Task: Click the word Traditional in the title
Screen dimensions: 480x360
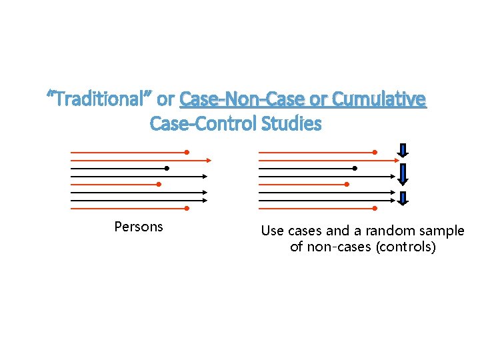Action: [99, 100]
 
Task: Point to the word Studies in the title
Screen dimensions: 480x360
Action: [293, 124]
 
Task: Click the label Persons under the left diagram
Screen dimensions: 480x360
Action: [139, 227]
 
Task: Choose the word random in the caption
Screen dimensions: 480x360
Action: [385, 231]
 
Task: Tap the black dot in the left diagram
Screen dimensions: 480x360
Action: [167, 168]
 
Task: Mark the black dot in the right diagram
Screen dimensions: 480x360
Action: [355, 168]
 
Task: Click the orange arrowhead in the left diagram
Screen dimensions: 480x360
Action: [208, 160]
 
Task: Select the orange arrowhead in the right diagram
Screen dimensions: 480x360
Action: [396, 160]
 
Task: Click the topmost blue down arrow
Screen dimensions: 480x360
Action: [403, 151]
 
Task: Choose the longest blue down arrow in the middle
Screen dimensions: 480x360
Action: [403, 175]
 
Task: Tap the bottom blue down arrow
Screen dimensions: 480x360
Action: [403, 199]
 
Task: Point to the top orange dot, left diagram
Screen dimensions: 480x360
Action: [187, 152]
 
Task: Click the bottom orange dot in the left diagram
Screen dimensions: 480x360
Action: [187, 208]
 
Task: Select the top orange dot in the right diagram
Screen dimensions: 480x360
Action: [375, 152]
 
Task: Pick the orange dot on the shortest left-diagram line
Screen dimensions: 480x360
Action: [159, 184]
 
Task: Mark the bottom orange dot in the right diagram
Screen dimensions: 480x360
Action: [375, 208]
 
